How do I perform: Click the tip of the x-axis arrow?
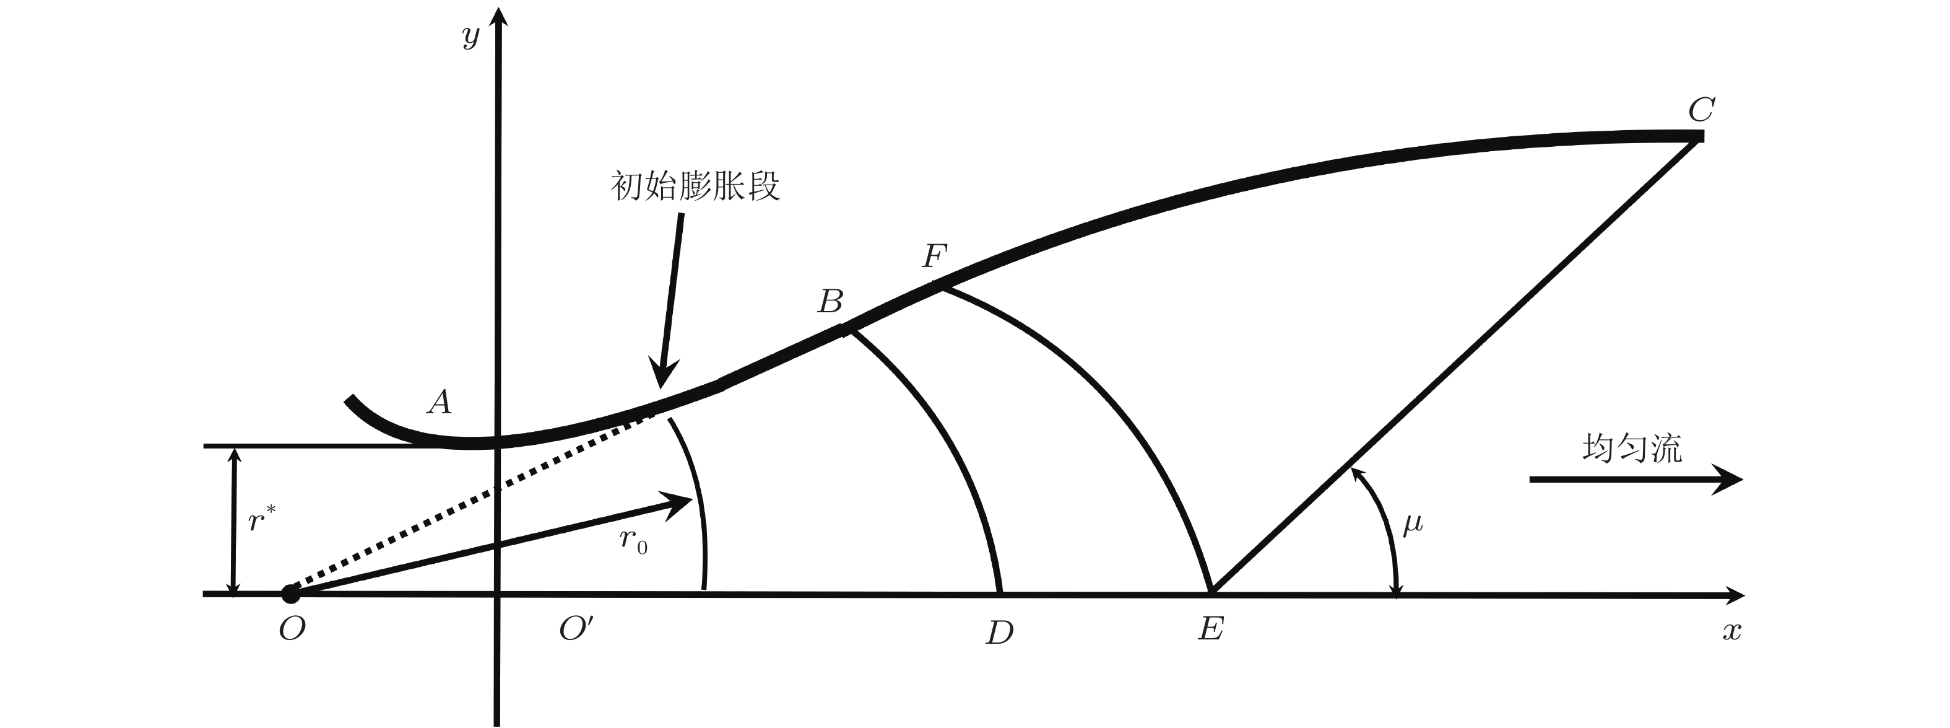pos(1746,595)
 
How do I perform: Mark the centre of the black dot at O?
pos(291,594)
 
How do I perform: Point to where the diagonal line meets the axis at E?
pos(1212,592)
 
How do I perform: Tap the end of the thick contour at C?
pos(1703,136)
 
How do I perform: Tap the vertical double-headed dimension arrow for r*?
pos(234,520)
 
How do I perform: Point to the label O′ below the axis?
pos(577,628)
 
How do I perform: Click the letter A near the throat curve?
pos(440,401)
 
